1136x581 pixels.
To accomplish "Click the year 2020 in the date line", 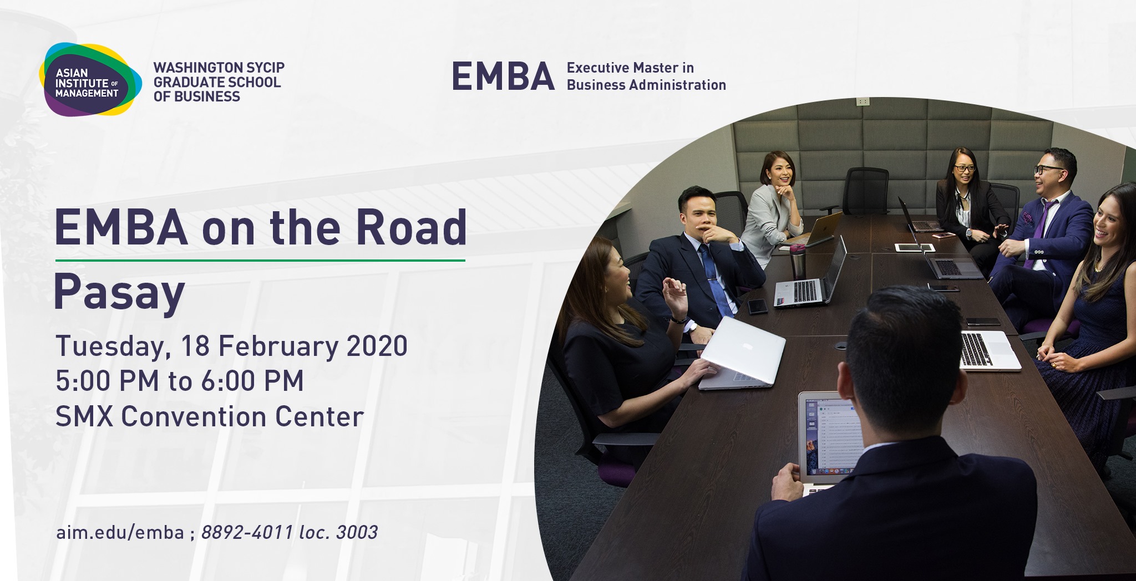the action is click(377, 346).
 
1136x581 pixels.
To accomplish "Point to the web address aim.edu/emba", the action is click(120, 532).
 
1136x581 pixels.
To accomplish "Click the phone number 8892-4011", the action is click(247, 532).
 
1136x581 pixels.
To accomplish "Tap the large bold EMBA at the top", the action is click(503, 77).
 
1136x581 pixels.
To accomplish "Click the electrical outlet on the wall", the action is click(863, 101).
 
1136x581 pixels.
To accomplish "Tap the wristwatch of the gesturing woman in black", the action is click(678, 319).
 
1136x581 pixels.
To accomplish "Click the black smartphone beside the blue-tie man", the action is click(757, 306).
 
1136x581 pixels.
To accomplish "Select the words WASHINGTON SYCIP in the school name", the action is click(219, 68).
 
